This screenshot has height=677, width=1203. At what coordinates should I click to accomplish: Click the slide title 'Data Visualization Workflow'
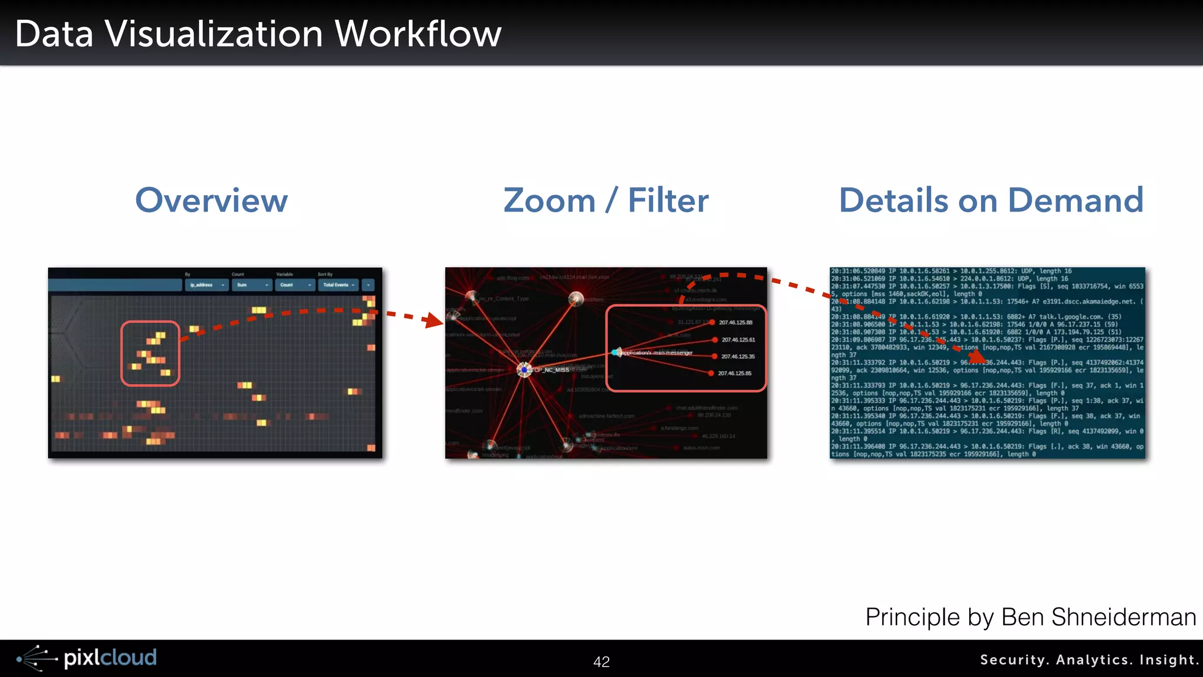pyautogui.click(x=258, y=33)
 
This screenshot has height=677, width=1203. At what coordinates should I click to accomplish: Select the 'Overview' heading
pyautogui.click(x=211, y=200)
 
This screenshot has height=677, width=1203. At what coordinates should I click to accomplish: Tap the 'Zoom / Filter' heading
pyautogui.click(x=606, y=200)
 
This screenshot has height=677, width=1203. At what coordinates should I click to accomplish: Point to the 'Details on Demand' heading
pyautogui.click(x=991, y=200)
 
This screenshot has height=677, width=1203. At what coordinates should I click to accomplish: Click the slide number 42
pyautogui.click(x=601, y=662)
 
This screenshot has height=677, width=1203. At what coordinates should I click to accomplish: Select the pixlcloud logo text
pyautogui.click(x=110, y=658)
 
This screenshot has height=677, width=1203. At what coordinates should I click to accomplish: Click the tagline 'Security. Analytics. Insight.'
pyautogui.click(x=1088, y=660)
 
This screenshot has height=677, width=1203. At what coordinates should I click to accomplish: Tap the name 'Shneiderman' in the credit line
pyautogui.click(x=1123, y=617)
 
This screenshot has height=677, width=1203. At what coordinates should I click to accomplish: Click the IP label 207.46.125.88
pyautogui.click(x=735, y=323)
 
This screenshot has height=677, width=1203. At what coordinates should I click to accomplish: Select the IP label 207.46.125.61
pyautogui.click(x=738, y=340)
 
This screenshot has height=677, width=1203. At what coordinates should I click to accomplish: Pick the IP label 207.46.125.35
pyautogui.click(x=738, y=357)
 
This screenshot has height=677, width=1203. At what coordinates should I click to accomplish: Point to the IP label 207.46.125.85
pyautogui.click(x=734, y=373)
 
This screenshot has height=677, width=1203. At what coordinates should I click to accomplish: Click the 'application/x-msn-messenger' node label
pyautogui.click(x=657, y=353)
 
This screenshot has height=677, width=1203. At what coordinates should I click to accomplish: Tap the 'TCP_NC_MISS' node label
pyautogui.click(x=551, y=370)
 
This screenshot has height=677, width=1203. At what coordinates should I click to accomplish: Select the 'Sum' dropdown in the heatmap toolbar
pyautogui.click(x=252, y=285)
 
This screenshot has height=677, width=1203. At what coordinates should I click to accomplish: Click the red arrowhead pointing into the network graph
pyautogui.click(x=434, y=320)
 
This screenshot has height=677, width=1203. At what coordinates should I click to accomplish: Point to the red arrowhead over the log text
pyautogui.click(x=977, y=356)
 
